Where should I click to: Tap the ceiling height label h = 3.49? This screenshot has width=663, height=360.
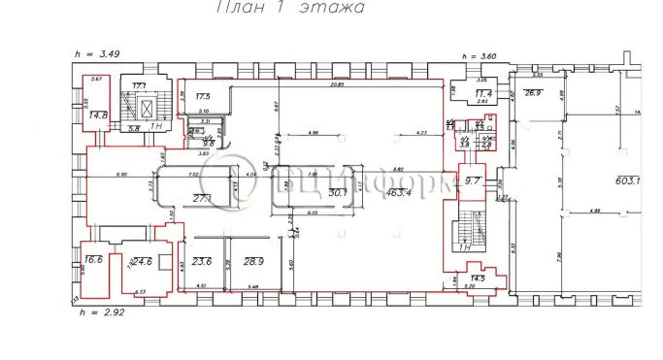point(95,53)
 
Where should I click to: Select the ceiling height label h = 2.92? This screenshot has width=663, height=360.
point(95,311)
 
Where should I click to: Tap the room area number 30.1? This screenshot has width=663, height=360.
point(338,194)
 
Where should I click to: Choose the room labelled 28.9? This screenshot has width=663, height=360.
point(254,262)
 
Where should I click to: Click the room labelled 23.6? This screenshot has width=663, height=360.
point(202,262)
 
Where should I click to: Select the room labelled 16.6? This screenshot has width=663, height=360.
point(94,260)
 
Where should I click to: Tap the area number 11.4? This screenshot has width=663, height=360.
point(482,93)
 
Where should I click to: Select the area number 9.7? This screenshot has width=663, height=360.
point(474,180)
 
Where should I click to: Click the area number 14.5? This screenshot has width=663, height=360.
point(478,279)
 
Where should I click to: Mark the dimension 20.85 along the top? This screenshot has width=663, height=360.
point(336,86)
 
